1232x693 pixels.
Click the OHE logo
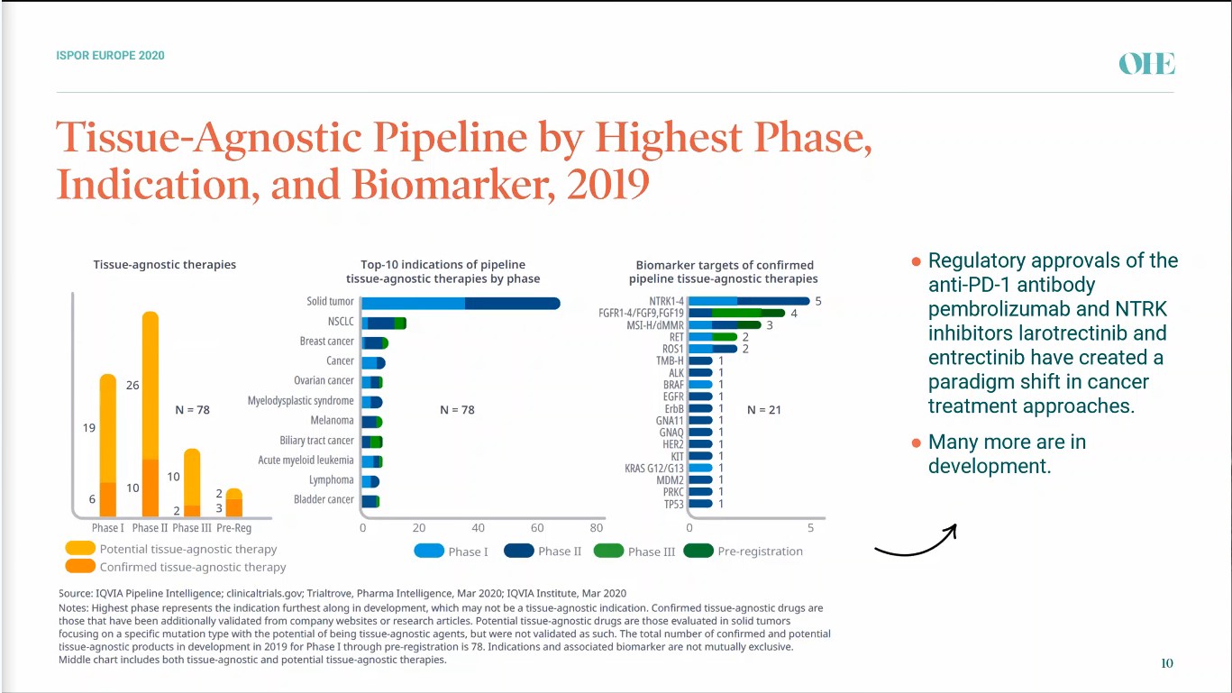pyautogui.click(x=1146, y=63)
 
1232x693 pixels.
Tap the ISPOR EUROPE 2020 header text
pyautogui.click(x=110, y=56)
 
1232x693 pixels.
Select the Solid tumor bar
pyautogui.click(x=461, y=303)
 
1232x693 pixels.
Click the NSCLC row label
pyautogui.click(x=341, y=322)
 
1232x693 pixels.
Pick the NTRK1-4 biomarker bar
pyautogui.click(x=749, y=301)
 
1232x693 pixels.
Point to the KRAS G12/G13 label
pyautogui.click(x=654, y=468)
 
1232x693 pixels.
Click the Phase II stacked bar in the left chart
pyautogui.click(x=151, y=415)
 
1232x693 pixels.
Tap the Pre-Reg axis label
pyautogui.click(x=233, y=528)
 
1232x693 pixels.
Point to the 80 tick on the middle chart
pyautogui.click(x=596, y=527)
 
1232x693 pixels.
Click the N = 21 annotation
pyautogui.click(x=764, y=410)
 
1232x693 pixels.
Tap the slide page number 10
pyautogui.click(x=1167, y=663)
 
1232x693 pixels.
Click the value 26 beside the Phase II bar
pyautogui.click(x=132, y=385)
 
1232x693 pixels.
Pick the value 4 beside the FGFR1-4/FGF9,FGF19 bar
pyautogui.click(x=794, y=314)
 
